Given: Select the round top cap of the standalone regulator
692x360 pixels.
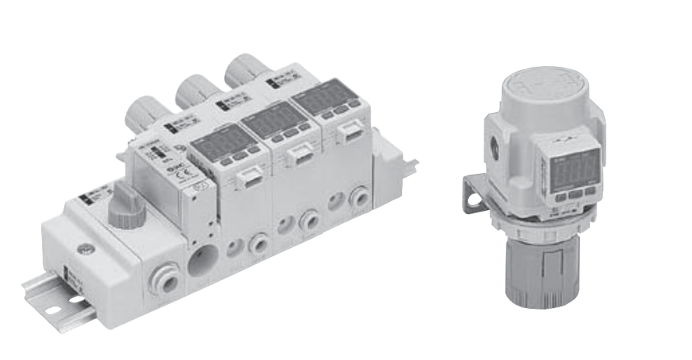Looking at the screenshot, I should tap(543, 86).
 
